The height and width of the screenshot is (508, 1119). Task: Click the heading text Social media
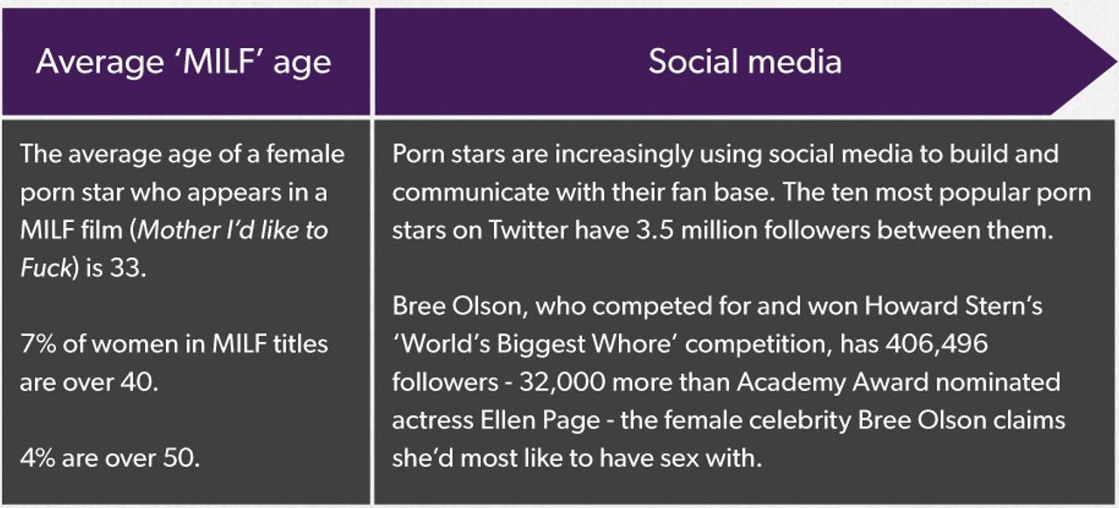[x=745, y=62]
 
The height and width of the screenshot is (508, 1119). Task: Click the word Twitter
[x=528, y=230]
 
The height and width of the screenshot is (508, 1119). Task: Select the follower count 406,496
[x=936, y=344]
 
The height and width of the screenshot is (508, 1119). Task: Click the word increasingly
[x=623, y=155]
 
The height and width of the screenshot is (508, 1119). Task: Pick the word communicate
[x=470, y=192]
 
